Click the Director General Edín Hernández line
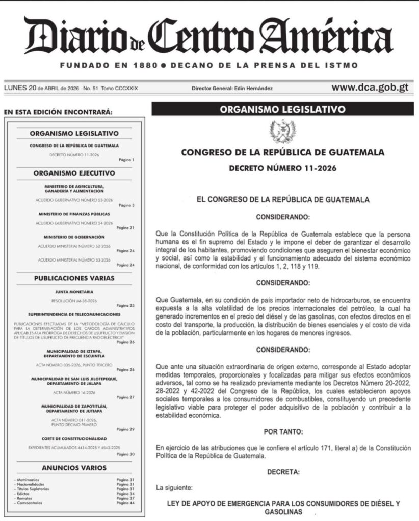(232, 89)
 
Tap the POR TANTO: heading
(283, 432)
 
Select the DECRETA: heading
(283, 472)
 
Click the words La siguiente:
(175, 488)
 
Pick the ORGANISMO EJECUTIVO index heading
(74, 173)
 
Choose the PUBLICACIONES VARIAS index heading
(74, 278)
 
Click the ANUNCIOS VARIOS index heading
(74, 468)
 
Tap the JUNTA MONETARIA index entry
(74, 292)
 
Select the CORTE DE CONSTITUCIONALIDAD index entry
(74, 438)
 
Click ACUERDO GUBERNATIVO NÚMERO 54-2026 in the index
(74, 223)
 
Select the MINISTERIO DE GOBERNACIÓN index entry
(74, 237)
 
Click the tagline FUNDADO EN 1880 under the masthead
(107, 65)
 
